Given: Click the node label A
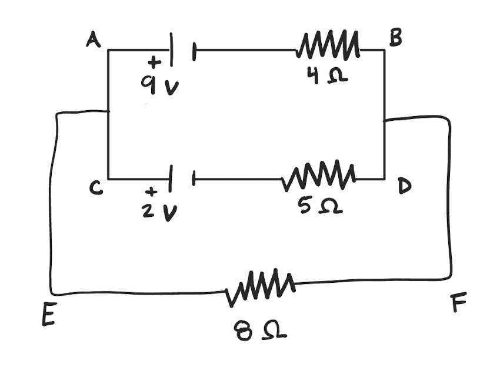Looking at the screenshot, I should pos(93,40).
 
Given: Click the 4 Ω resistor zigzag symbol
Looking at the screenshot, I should pos(328,47).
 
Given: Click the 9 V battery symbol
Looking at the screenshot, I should pos(182,51).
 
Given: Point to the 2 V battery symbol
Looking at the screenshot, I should pos(182,178).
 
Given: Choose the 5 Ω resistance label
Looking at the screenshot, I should pos(320,207).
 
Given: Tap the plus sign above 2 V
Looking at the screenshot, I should pos(152,191).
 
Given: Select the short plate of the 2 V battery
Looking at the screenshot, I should pos(193,179).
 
